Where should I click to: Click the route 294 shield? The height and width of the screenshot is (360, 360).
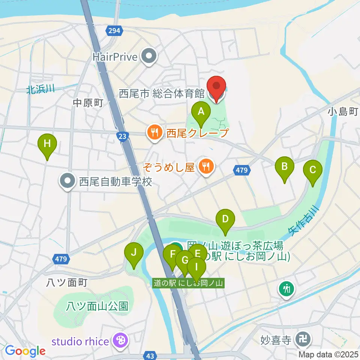point(115,31)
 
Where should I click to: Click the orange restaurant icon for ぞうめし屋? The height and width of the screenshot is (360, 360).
point(205,165)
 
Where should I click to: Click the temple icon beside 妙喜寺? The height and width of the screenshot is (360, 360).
point(302,340)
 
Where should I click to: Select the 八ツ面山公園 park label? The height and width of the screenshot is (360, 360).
point(97,306)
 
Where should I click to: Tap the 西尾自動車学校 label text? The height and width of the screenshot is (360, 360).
point(115,182)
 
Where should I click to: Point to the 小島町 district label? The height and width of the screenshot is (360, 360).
point(343,111)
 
